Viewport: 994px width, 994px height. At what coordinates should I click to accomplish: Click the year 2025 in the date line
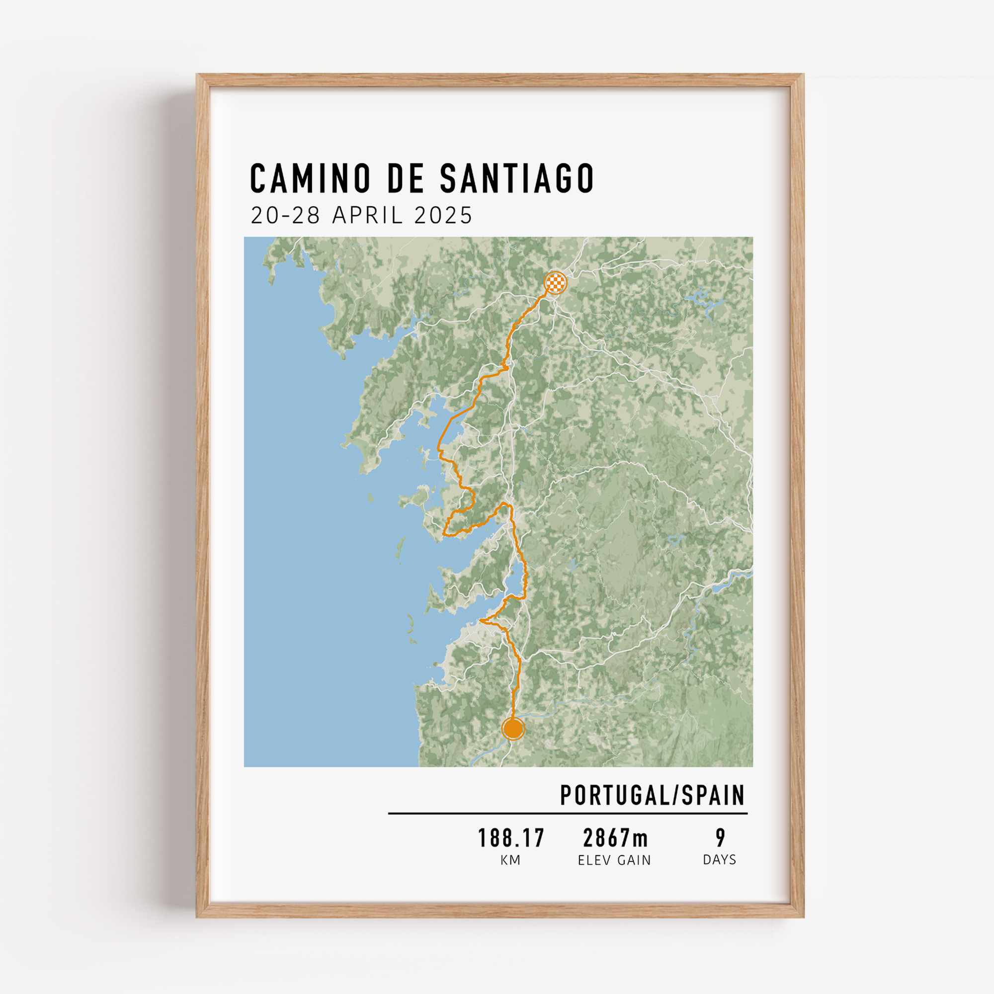point(443,215)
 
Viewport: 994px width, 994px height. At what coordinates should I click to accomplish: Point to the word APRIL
point(367,215)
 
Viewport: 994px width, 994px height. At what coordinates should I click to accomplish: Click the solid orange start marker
point(513,729)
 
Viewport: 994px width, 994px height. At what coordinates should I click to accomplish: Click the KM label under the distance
point(510,860)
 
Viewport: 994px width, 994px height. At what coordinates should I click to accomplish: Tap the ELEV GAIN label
point(614,860)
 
